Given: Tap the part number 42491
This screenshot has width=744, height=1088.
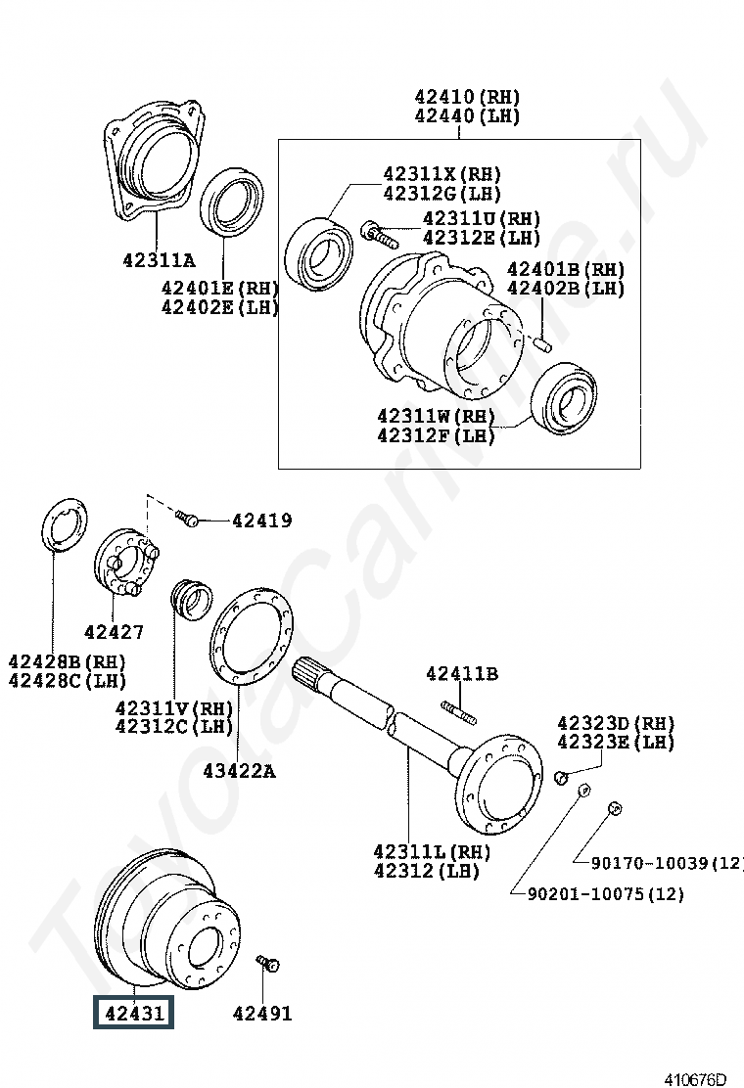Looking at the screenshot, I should pos(262,1014).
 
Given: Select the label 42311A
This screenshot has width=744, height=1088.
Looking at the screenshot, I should pos(159,261).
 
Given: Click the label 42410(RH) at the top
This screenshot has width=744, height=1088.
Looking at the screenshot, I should pos(467,98).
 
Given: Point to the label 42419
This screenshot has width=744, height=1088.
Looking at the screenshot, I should pos(262,521).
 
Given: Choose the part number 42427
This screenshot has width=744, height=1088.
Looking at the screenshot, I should pos(114,632).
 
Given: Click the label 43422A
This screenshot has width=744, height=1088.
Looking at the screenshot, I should pos(239,771).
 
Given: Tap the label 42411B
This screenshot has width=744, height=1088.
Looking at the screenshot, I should pos(462,673).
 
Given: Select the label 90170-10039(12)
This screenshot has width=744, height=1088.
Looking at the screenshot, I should pos(667,862).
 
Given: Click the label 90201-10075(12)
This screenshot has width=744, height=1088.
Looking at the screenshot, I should pos(605,893).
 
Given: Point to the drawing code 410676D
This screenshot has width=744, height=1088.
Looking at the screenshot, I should pos(696,1079).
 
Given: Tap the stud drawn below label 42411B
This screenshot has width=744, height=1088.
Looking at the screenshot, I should pos(458,711).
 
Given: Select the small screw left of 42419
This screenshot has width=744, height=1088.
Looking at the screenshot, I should pos(187,519).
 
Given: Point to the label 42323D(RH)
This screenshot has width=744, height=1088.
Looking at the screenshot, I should pos(616,723).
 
